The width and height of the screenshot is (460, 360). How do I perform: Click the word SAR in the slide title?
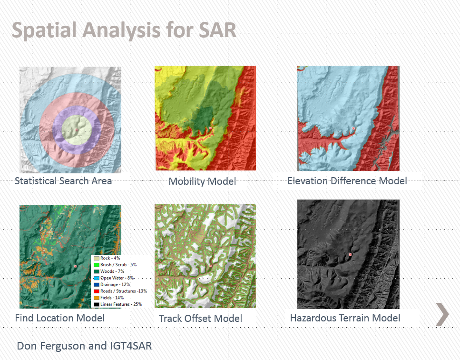click(x=217, y=30)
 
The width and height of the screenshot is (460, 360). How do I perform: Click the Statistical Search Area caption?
click(x=63, y=181)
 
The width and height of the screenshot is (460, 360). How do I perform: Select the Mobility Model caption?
click(x=203, y=181)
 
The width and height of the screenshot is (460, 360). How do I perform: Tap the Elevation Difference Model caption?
click(x=347, y=181)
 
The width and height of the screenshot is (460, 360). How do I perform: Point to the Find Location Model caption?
click(x=60, y=318)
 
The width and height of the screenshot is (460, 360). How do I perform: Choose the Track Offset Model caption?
click(x=200, y=319)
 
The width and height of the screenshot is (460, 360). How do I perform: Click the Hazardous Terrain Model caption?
click(x=345, y=318)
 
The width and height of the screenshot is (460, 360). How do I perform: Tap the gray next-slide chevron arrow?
click(x=442, y=314)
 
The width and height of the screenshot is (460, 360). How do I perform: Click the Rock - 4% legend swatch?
click(x=97, y=259)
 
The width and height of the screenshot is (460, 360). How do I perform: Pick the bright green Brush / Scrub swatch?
click(x=97, y=265)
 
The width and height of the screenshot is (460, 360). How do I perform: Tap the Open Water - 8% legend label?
click(x=117, y=278)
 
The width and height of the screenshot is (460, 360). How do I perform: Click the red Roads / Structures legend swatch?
click(x=97, y=291)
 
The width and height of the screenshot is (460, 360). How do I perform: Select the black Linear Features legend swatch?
click(x=97, y=304)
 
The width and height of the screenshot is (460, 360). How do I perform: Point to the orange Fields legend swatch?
click(x=97, y=298)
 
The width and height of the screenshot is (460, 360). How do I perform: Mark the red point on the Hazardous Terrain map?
click(x=350, y=255)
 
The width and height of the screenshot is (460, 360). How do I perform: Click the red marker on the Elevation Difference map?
click(x=354, y=128)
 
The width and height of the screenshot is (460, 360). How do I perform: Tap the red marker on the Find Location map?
click(x=75, y=266)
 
